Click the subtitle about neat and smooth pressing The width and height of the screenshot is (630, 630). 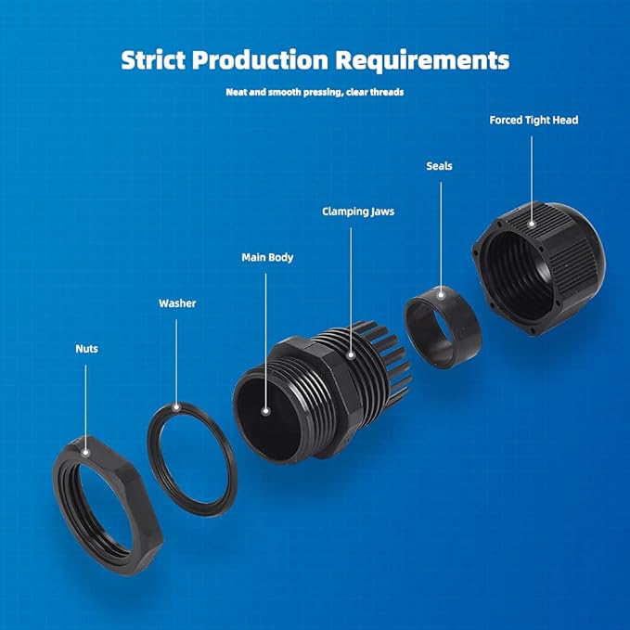point(315,93)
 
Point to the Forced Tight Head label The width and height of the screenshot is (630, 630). point(534,120)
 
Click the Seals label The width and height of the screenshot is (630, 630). point(439,166)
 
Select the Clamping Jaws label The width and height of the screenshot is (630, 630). point(357,212)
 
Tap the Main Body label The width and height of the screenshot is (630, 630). point(267,257)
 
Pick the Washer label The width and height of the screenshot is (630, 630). point(177,303)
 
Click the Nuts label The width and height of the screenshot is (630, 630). point(86,349)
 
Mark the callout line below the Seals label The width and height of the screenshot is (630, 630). point(440,232)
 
